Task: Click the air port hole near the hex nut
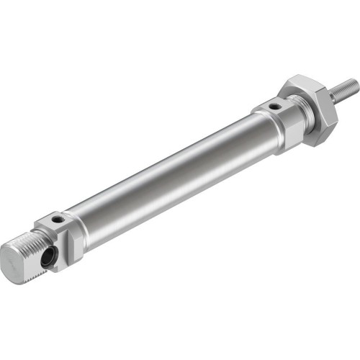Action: [274, 108]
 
